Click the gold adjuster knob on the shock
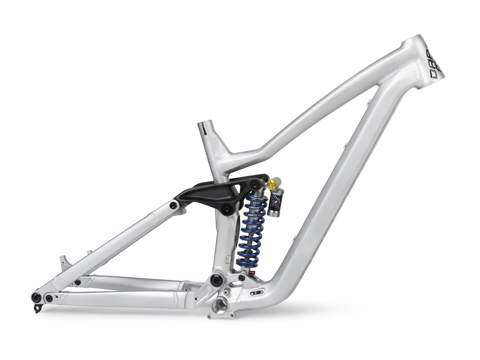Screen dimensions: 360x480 pos(271,183)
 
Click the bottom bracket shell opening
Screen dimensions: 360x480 pos(220,305)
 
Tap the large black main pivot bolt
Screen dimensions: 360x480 pos(216,280)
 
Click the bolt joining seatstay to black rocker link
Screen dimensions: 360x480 pos(173,205)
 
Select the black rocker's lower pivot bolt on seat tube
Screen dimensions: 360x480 pos(227,209)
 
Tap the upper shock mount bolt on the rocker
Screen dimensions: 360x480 pos(256,184)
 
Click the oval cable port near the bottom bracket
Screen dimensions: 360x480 pos(256,293)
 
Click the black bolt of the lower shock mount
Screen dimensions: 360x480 pos(242,278)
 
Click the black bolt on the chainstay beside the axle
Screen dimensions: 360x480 pos(49,298)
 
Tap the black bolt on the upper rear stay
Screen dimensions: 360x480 pos(77,282)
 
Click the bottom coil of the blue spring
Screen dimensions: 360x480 pos(246,264)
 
